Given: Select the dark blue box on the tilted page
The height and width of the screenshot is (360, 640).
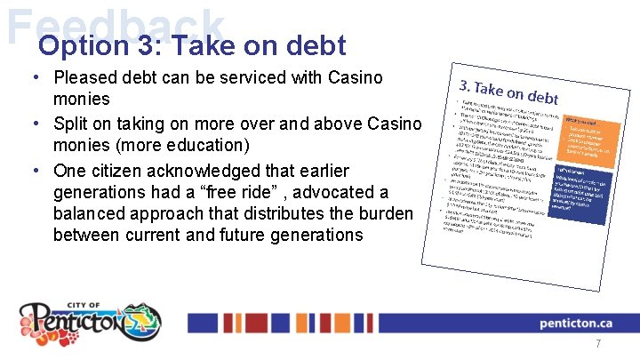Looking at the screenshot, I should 583,192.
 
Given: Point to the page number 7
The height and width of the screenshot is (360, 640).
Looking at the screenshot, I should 598,344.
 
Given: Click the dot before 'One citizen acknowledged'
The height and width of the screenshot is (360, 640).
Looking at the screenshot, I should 36,171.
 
